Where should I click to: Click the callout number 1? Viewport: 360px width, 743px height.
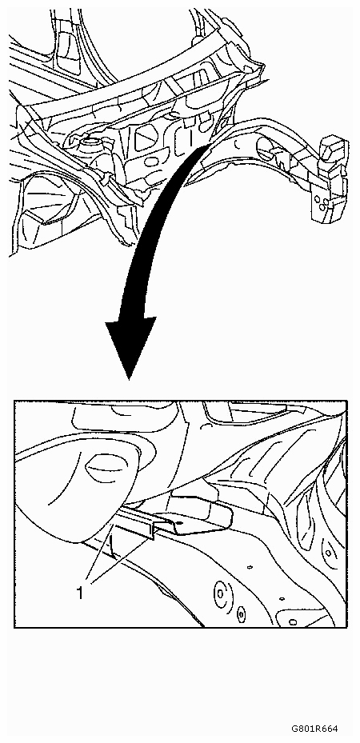[x=80, y=593]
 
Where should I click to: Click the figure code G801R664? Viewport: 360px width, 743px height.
[x=314, y=729]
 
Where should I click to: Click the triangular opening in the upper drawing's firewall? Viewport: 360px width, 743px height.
[x=146, y=138]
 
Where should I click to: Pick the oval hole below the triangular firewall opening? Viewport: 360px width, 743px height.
[x=151, y=162]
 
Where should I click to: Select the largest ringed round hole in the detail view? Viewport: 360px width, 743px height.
[x=221, y=592]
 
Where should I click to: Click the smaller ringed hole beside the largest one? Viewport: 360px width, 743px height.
[x=241, y=614]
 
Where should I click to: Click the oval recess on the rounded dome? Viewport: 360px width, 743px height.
[x=104, y=468]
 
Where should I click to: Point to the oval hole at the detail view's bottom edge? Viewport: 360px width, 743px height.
[x=293, y=621]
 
